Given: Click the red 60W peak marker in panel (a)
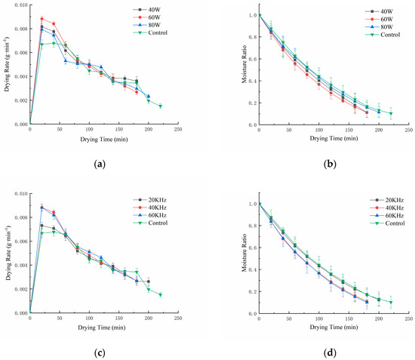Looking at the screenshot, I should (41, 19).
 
